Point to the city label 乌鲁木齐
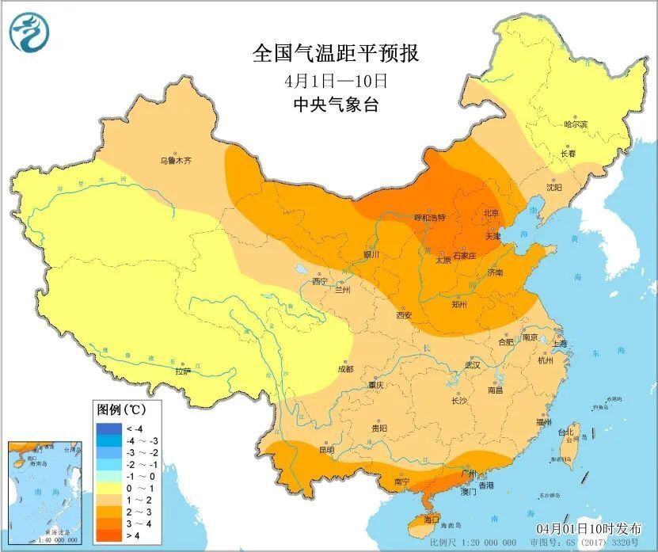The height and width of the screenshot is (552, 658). pyautogui.click(x=176, y=161)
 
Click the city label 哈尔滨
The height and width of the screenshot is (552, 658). pyautogui.click(x=575, y=125)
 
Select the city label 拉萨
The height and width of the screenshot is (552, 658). pyautogui.click(x=183, y=370)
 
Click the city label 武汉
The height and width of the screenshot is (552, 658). pyautogui.click(x=473, y=366)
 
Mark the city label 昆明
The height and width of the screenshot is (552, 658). pyautogui.click(x=326, y=450)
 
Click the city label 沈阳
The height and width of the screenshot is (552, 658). pyautogui.click(x=553, y=188)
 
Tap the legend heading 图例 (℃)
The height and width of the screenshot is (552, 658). pyautogui.click(x=120, y=410)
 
